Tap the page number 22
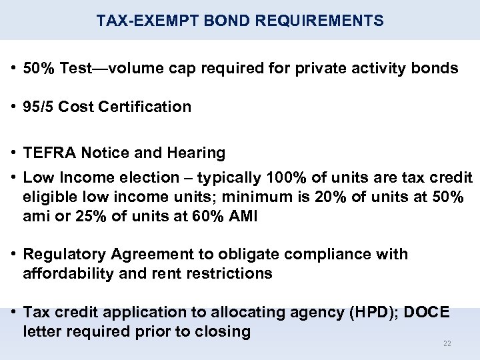pos(447,343)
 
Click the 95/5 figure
pos(39,107)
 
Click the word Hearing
pos(197,153)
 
